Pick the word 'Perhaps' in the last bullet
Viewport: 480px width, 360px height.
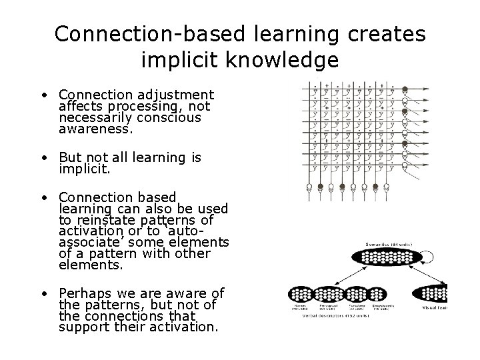point(84,293)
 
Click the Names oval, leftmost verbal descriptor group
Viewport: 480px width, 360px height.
point(303,295)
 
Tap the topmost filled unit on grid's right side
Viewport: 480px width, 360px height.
point(405,89)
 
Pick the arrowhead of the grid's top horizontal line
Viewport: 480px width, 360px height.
point(427,89)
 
